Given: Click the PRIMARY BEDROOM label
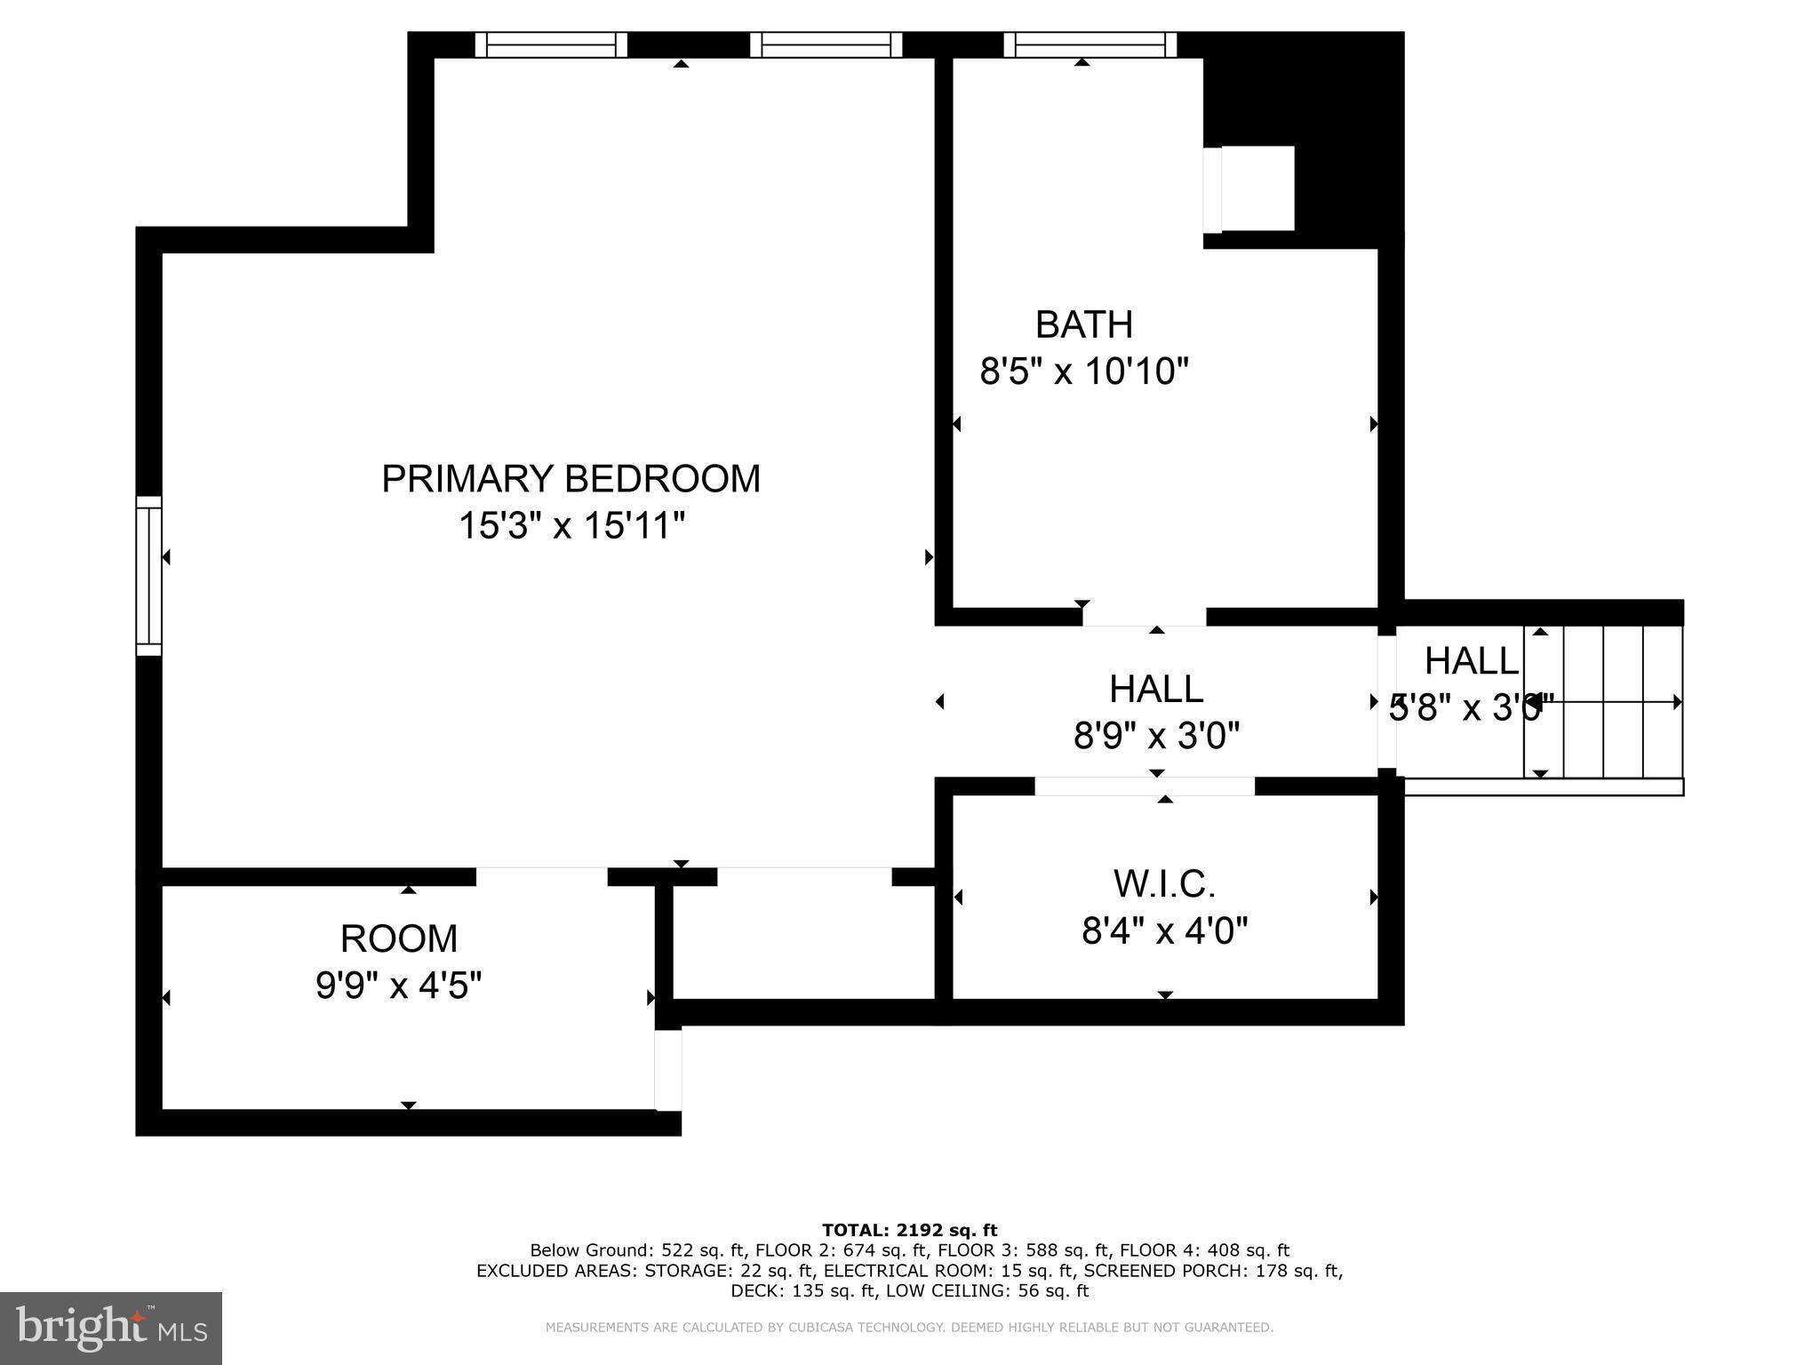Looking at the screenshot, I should tap(571, 479).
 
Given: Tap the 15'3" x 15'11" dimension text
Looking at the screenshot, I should tap(571, 526).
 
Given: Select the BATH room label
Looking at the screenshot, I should tap(1083, 325).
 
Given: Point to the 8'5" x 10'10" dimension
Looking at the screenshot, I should tap(1083, 371).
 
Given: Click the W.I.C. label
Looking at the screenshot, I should tap(1163, 884).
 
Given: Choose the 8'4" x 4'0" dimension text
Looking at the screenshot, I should tap(1163, 931).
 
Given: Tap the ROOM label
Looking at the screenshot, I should tap(398, 938).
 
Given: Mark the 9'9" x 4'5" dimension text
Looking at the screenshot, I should tap(398, 986).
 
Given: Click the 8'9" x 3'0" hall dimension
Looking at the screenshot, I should tap(1155, 736).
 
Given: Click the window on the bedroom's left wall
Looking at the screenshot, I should tap(148, 576).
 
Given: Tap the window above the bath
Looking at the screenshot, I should tap(1090, 44).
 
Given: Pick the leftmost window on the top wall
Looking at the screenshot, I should tap(551, 44).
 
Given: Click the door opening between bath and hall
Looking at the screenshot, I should tap(1144, 617).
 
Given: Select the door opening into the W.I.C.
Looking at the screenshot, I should tap(1145, 786).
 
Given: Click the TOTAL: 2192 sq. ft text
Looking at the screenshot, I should tap(909, 1231).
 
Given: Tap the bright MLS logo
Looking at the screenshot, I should tap(110, 1328).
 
